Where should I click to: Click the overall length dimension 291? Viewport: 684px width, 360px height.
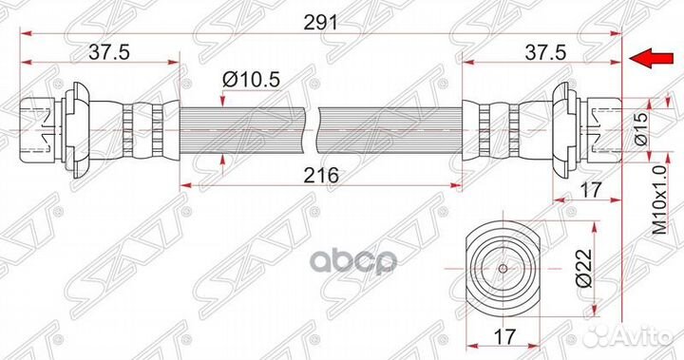tap(321, 23)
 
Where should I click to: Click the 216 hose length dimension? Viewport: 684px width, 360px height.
tap(321, 176)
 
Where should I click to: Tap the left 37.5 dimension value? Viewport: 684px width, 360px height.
tap(109, 53)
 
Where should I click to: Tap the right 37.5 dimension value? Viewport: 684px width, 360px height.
tap(545, 53)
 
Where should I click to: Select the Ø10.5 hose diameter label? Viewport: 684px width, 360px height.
tap(251, 80)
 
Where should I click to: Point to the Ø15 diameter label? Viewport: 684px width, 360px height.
tap(641, 129)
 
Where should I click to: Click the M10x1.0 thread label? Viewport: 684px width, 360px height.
tap(660, 199)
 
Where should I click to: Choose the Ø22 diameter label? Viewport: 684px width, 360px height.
tap(584, 269)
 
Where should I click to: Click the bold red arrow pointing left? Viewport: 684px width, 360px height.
tap(650, 59)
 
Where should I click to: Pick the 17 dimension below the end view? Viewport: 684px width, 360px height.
tap(503, 336)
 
